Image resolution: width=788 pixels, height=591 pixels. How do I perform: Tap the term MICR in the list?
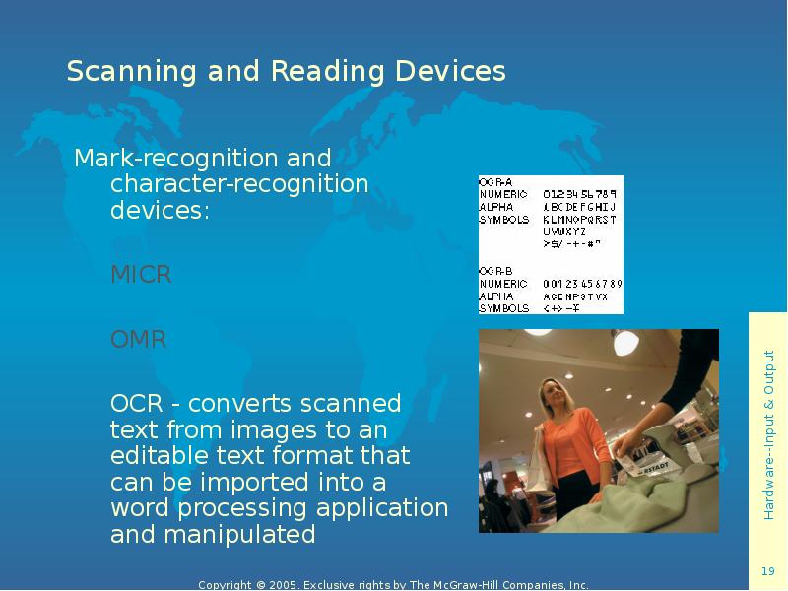(141, 275)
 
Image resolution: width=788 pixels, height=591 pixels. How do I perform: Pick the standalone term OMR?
(139, 341)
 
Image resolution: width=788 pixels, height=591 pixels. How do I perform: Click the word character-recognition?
(239, 184)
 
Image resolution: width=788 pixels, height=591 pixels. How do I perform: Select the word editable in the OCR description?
(163, 457)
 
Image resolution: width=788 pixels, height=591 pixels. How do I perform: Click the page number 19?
(768, 572)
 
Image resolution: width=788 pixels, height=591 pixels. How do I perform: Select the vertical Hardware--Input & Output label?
(769, 434)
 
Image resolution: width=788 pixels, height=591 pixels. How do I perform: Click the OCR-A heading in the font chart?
(494, 181)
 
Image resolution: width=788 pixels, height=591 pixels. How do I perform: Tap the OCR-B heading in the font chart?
(494, 271)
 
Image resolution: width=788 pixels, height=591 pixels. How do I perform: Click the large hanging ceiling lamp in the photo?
(626, 342)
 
